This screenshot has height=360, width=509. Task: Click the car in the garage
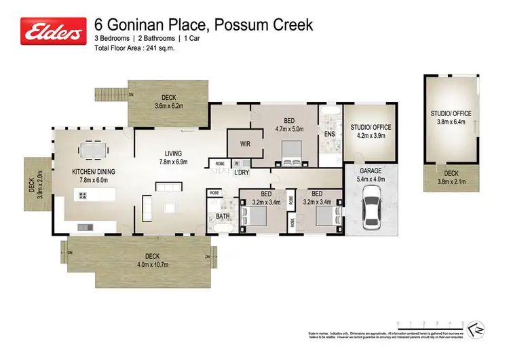point(371,209)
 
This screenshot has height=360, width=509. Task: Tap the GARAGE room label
point(370,170)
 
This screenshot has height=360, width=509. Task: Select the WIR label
point(246,144)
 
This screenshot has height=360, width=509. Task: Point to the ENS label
point(330,134)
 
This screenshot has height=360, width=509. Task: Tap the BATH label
point(223,217)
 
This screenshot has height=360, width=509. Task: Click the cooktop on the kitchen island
point(82,196)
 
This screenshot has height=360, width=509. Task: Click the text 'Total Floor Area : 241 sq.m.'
point(139,50)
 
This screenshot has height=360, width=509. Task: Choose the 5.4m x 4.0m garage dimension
point(370,179)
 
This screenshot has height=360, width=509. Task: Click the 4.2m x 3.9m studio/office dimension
point(371,135)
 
